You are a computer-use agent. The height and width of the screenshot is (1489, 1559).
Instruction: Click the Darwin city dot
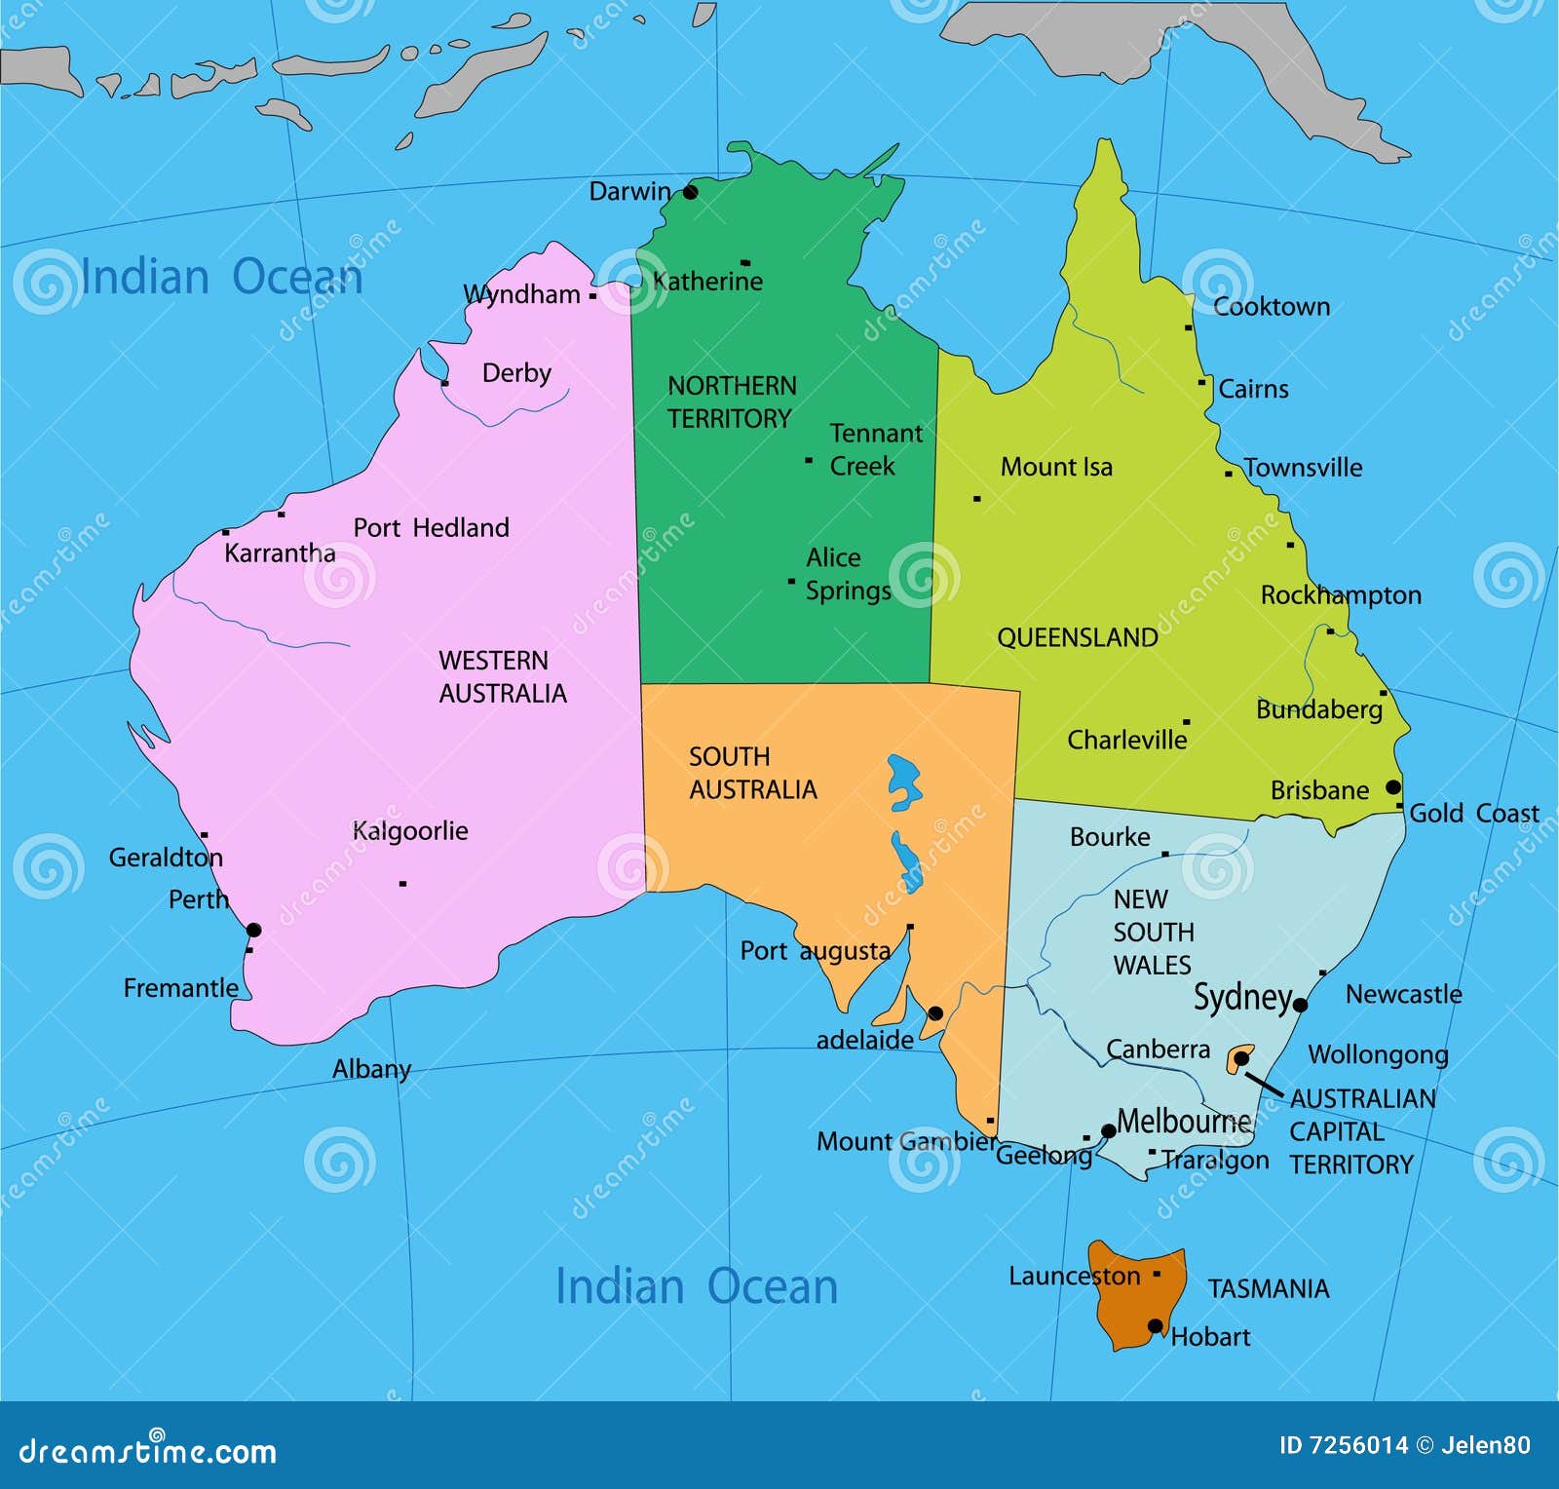coord(690,192)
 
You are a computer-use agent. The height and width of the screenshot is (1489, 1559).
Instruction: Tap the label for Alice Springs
coord(847,574)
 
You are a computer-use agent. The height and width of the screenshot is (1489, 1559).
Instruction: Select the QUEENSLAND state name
coord(1077,637)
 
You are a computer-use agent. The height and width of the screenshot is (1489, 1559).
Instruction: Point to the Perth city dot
coord(253,930)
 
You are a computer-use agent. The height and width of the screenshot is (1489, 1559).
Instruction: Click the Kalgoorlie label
coord(409,831)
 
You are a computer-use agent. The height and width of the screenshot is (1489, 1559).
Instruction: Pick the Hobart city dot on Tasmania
coord(1155,1326)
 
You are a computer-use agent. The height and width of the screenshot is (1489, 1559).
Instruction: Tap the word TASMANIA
coord(1268,1288)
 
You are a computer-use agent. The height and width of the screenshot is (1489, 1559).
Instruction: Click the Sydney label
coord(1242,997)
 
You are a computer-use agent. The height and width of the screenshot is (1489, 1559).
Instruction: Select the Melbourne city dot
coord(1108,1131)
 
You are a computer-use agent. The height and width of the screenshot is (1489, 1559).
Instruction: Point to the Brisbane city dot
coord(1393,787)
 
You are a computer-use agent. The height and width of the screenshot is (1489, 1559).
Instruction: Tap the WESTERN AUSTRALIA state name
coord(502,677)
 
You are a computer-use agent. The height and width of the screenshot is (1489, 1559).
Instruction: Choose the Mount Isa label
coord(1055,467)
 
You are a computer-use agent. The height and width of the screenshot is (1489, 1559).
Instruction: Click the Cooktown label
coord(1271,307)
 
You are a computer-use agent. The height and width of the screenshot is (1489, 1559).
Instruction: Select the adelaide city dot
coord(935,1013)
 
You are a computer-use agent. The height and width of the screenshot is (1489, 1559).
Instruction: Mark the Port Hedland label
coord(431,528)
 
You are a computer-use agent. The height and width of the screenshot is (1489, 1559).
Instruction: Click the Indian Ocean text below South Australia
coord(696,1286)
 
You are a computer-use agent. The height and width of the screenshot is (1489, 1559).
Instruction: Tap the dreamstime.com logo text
coord(147,1451)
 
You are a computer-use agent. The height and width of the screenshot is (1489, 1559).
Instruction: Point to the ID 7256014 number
coord(1343,1445)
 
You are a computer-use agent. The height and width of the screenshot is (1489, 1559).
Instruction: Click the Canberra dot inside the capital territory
coord(1241,1058)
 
